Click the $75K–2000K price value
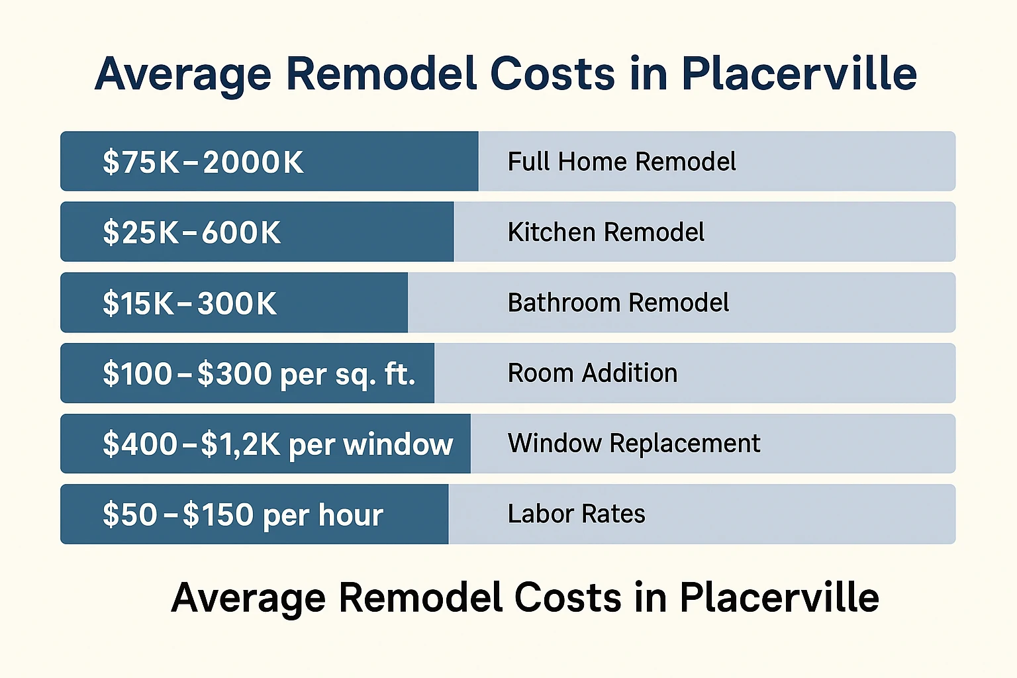coord(203,162)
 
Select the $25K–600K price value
coord(191,232)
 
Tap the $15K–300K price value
coord(189,303)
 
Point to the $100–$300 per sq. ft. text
coord(259,374)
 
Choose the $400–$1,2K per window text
coord(277,444)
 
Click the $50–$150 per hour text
coord(243,515)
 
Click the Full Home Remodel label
coord(621,162)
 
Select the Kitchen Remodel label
coord(606,232)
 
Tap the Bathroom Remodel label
coord(618,303)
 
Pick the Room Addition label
coord(592,373)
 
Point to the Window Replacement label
coord(634,444)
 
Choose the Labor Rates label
coord(576,514)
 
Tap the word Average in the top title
coord(183,74)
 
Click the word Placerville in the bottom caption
coord(779,597)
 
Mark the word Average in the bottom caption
coord(248,599)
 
